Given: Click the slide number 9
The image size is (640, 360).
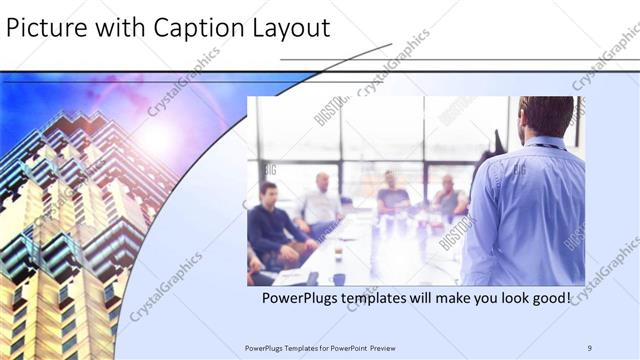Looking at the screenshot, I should (590, 347).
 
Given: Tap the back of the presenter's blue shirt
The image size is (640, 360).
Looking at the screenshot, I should (525, 215).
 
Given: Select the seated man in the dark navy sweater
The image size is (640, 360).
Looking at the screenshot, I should (272, 222).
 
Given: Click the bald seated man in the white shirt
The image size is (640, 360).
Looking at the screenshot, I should (322, 200).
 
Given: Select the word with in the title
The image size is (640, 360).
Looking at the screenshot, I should (106, 28).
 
